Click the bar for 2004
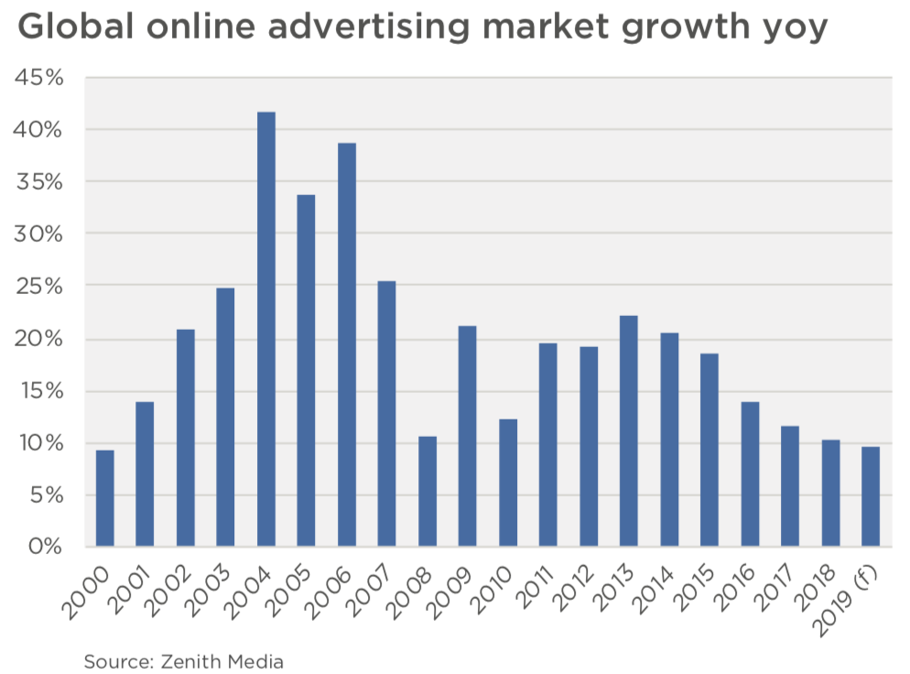tap(265, 330)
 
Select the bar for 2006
tap(346, 345)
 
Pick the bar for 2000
tap(104, 498)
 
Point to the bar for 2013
tap(628, 431)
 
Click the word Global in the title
tap(75, 27)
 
